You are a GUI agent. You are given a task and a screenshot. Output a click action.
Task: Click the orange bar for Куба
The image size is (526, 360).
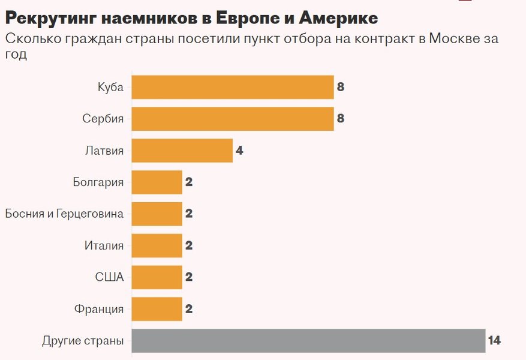tap(232, 87)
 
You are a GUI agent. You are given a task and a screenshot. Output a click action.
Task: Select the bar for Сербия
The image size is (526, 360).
tap(232, 119)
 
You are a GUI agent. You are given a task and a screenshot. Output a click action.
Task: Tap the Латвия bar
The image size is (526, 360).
tap(182, 151)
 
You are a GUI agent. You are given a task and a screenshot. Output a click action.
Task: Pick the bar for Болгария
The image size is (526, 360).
tap(157, 182)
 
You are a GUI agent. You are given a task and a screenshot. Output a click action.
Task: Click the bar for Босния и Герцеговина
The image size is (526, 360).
tap(157, 214)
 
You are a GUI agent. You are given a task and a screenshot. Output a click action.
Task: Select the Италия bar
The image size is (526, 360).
tap(157, 245)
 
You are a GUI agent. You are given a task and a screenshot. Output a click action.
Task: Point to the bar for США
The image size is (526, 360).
tap(157, 277)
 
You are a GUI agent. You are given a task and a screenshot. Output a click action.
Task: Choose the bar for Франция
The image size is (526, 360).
tap(157, 309)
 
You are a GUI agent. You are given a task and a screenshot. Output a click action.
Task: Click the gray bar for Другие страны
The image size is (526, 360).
tap(308, 341)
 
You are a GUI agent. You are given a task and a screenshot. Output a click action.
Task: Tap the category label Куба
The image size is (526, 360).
tap(110, 88)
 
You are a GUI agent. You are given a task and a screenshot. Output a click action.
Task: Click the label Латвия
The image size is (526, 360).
tap(104, 151)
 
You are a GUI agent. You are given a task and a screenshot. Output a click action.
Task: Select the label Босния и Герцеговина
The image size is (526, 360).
tap(64, 214)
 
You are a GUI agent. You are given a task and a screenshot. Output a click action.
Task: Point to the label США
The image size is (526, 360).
tap(109, 277)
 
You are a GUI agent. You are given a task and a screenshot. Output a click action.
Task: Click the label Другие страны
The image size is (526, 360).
tap(83, 341)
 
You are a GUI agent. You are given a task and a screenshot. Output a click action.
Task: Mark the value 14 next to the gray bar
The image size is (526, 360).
tap(494, 341)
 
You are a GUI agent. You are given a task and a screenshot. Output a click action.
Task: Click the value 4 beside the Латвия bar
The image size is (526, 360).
tap(239, 151)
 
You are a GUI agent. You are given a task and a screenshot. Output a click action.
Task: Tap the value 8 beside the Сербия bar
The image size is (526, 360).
tap(341, 119)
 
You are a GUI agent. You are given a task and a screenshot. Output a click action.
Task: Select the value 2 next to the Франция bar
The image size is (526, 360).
tap(189, 309)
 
